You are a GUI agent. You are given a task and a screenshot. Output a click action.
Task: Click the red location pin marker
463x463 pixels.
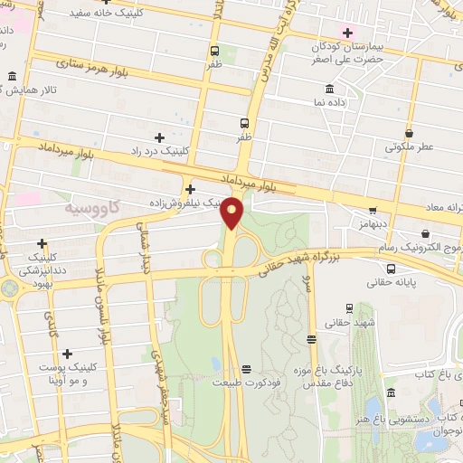[x=232, y=213]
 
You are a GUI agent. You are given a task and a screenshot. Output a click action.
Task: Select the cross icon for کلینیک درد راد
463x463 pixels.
[x=160, y=137]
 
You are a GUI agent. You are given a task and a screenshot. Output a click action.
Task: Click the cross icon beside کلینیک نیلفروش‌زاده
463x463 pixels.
[x=190, y=189]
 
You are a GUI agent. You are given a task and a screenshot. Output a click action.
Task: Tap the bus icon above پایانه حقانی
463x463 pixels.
[x=391, y=269]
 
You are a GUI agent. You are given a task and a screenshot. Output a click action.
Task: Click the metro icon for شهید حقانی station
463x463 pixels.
[x=312, y=340]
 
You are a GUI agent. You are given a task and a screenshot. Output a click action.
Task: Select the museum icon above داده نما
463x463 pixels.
[x=328, y=89]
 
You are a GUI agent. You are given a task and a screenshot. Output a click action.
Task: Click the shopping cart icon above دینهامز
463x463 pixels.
[x=373, y=210]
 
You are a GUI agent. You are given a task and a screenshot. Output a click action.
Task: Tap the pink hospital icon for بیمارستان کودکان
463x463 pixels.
[x=347, y=33]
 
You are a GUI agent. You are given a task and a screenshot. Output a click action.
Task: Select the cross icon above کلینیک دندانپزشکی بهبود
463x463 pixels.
[x=42, y=243]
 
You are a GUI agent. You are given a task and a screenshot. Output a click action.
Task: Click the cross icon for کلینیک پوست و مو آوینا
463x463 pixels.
[x=67, y=354]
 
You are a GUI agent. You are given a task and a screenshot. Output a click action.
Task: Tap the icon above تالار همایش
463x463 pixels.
[x=12, y=77]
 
